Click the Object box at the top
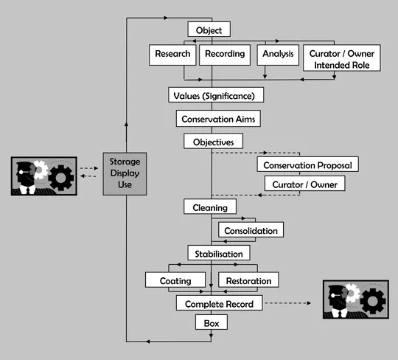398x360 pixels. [209, 30]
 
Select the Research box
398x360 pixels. [172, 54]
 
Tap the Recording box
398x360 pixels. [224, 54]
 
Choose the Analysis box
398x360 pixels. [277, 54]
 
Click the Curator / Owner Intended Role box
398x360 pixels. [342, 59]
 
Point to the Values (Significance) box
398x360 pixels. [214, 95]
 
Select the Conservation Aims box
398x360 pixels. [217, 118]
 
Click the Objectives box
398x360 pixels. [213, 140]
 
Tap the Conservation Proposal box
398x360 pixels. [308, 165]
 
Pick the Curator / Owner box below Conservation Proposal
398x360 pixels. [304, 184]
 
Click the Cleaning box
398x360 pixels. [210, 207]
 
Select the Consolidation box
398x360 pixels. [251, 230]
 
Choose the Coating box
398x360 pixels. [175, 280]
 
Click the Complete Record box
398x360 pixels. [219, 303]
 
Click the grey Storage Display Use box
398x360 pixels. [125, 172]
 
